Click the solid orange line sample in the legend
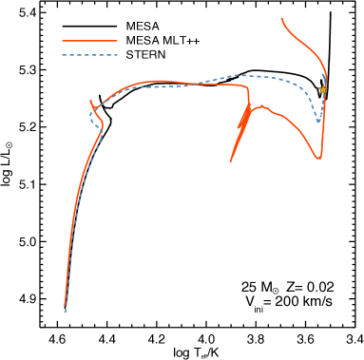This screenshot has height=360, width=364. [89, 41]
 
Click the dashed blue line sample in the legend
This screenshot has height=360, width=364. [89, 55]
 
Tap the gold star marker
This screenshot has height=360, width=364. [323, 89]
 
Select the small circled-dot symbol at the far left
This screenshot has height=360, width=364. [10, 145]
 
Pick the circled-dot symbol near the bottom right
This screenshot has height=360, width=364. [276, 291]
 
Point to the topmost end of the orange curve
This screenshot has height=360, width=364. [282, 18]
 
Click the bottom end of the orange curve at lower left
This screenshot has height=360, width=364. [66, 304]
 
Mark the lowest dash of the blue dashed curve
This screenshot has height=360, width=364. [66, 311]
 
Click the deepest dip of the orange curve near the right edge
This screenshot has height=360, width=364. [318, 158]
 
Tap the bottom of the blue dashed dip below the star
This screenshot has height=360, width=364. [318, 122]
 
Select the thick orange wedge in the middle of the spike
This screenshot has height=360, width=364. [243, 123]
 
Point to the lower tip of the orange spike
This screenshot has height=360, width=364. [230, 161]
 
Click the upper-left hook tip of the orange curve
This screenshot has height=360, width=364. [91, 101]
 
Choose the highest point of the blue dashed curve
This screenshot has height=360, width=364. [242, 75]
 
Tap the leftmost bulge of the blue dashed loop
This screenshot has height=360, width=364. [91, 117]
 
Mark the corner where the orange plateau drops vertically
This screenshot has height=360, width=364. [248, 87]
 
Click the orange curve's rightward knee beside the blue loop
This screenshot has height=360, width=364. [103, 125]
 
